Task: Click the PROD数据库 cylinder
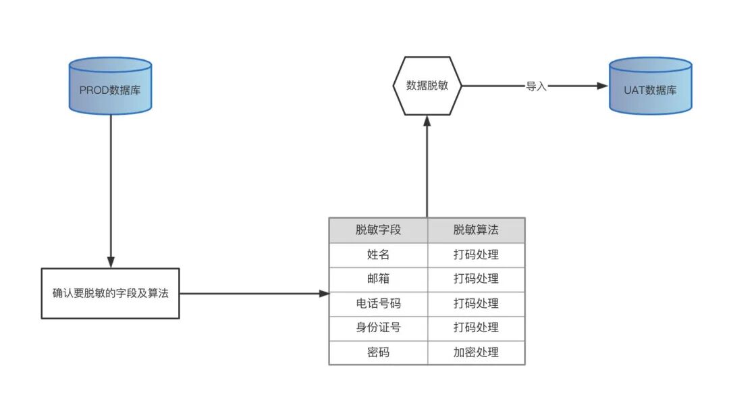(x=110, y=86)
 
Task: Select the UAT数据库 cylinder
(x=651, y=86)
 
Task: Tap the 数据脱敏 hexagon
(x=427, y=86)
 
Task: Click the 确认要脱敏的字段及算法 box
(x=110, y=293)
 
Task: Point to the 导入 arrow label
(x=536, y=86)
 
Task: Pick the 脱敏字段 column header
(x=379, y=230)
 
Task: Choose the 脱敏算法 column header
(x=476, y=230)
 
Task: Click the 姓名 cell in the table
(x=379, y=254)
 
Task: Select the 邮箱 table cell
(x=379, y=279)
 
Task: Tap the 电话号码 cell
(x=379, y=304)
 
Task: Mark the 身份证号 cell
(x=379, y=327)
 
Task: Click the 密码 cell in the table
(x=379, y=352)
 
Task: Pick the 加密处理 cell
(x=476, y=352)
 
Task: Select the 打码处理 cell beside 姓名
(x=476, y=254)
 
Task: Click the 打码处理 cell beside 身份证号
(x=476, y=327)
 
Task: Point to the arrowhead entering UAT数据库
(x=603, y=86)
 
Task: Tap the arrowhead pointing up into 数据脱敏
(x=427, y=122)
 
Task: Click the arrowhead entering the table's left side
(x=324, y=293)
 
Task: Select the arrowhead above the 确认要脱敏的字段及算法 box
(x=111, y=262)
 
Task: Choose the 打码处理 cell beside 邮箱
(x=476, y=279)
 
